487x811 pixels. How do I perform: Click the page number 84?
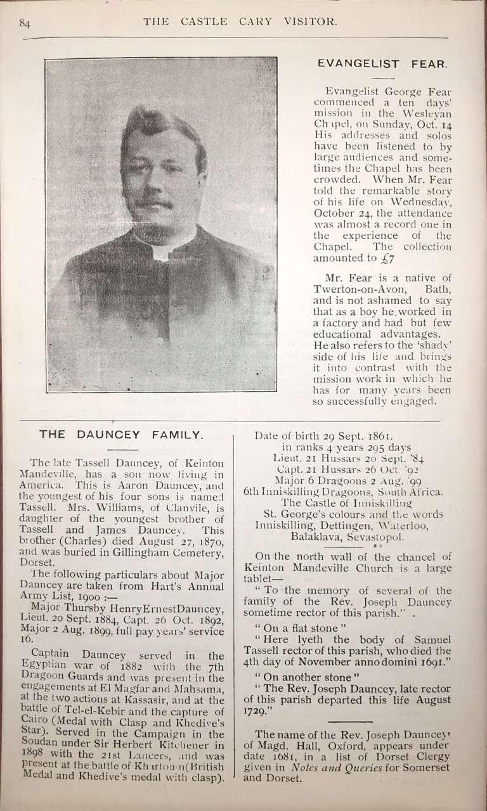(x=25, y=24)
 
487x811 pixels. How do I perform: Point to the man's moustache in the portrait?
(x=153, y=203)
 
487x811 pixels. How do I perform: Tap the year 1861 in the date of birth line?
(x=377, y=436)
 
